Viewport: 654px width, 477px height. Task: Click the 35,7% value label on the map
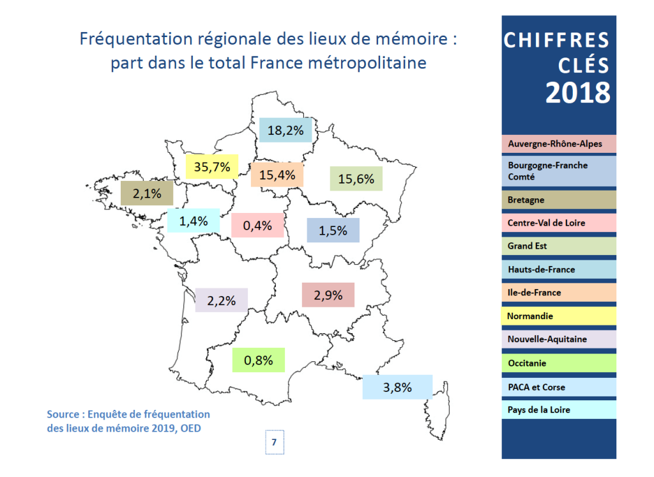(211, 167)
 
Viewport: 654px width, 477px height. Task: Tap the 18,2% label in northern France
(285, 130)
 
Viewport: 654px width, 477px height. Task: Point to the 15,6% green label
(356, 179)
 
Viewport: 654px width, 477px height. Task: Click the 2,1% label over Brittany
(147, 192)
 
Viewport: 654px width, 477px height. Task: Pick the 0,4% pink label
(257, 225)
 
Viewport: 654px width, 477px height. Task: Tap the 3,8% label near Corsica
(397, 387)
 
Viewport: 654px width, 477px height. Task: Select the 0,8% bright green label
(258, 360)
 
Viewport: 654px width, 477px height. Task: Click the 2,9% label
(328, 295)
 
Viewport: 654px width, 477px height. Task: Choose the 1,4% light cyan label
(193, 221)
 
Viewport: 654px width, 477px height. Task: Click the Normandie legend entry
(558, 316)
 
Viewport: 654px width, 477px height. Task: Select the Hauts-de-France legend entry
(558, 269)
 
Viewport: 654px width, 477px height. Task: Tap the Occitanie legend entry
(558, 363)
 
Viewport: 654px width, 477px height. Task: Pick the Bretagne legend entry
(558, 199)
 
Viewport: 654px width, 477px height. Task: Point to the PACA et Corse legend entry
(558, 387)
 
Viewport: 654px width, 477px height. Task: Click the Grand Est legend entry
(558, 246)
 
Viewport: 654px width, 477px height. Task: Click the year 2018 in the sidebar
(577, 93)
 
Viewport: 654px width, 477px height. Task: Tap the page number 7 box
(274, 442)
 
